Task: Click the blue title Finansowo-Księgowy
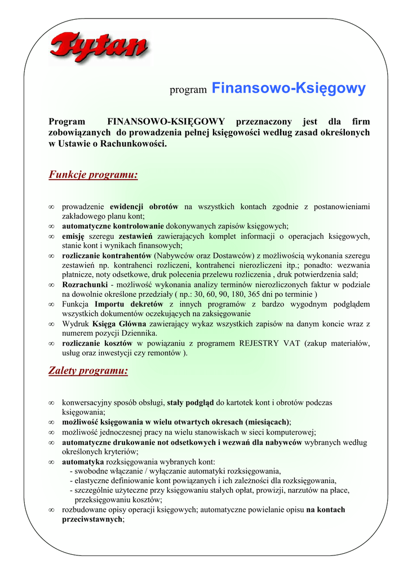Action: pyautogui.click(x=289, y=89)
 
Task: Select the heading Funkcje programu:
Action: pyautogui.click(x=93, y=175)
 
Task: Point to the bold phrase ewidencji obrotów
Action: pyautogui.click(x=144, y=207)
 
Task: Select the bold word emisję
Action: pyautogui.click(x=73, y=236)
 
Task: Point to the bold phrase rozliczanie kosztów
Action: pyautogui.click(x=97, y=343)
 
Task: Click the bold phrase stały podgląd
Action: pyautogui.click(x=190, y=403)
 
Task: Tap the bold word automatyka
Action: pyautogui.click(x=83, y=461)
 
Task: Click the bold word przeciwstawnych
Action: pyautogui.click(x=92, y=520)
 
